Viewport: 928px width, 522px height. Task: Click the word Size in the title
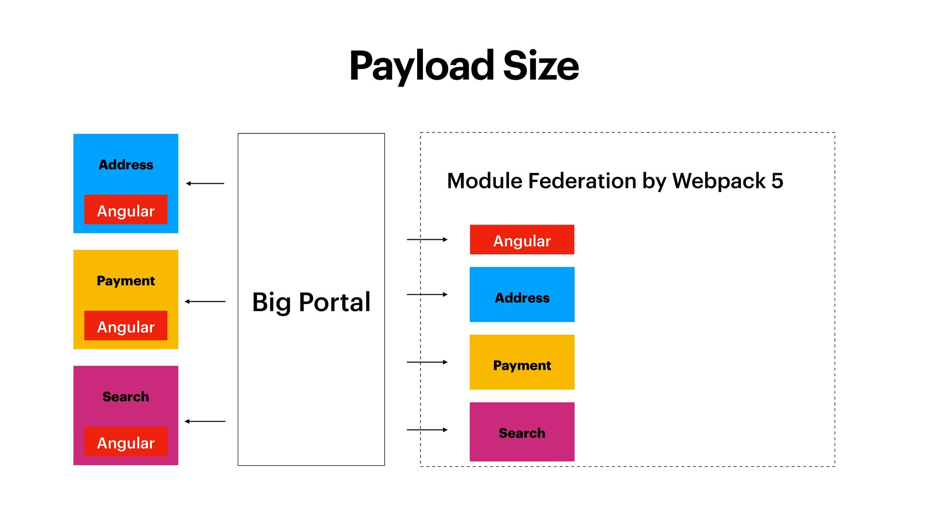click(x=541, y=66)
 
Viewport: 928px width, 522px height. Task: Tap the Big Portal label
click(x=311, y=302)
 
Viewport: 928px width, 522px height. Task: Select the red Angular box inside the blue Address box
click(x=126, y=210)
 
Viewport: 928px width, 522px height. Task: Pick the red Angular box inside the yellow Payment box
click(x=126, y=326)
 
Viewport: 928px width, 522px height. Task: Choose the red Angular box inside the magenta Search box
click(x=126, y=442)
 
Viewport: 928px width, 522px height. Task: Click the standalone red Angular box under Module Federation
click(x=522, y=240)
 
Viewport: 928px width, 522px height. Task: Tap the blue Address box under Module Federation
click(x=522, y=295)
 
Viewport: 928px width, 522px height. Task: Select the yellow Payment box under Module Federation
click(x=522, y=362)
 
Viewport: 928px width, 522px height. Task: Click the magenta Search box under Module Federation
click(x=522, y=432)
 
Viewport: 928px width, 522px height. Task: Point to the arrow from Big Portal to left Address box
click(x=205, y=184)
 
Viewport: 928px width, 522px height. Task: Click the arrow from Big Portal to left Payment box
click(x=205, y=302)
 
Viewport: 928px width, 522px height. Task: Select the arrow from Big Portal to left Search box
click(x=205, y=421)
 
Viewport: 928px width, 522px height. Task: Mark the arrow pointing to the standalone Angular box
click(x=427, y=239)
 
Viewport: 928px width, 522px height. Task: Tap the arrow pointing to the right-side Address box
click(x=427, y=294)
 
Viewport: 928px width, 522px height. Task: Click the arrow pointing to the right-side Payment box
click(x=427, y=362)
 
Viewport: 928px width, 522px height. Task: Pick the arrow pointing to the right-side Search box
click(x=427, y=430)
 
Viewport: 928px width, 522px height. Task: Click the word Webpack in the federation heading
click(x=719, y=181)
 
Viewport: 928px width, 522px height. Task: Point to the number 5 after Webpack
click(x=777, y=181)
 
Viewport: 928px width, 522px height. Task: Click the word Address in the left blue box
click(x=126, y=165)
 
